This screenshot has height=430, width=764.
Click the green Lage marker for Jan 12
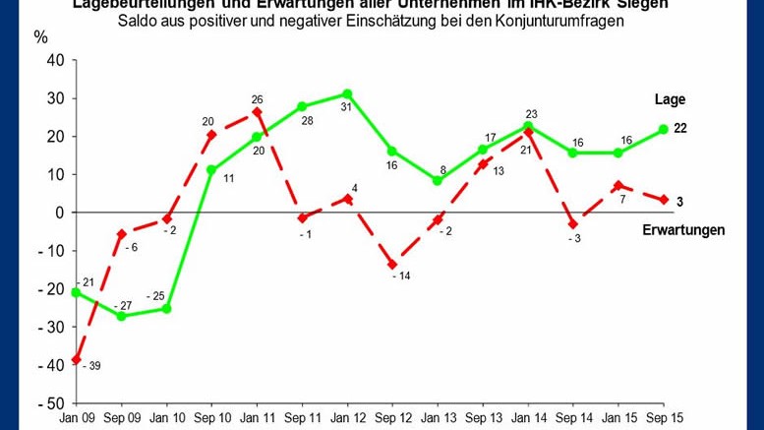point(347,93)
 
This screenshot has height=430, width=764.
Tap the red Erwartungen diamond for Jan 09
point(76,360)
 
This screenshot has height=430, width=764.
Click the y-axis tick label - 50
point(48,403)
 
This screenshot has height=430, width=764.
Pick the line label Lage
point(670,99)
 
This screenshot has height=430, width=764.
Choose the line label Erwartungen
point(683,230)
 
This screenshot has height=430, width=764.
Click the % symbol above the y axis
point(40,37)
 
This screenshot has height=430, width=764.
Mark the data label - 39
point(92,366)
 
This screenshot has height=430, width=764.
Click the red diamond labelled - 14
point(392,264)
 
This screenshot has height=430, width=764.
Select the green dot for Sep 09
point(121,316)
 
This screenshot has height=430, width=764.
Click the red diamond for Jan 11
point(257,113)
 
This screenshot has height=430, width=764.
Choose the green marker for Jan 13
point(438,181)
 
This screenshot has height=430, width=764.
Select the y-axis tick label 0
point(59,213)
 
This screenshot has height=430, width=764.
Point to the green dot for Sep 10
point(211,169)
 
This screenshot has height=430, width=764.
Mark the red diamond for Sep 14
point(573,224)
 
